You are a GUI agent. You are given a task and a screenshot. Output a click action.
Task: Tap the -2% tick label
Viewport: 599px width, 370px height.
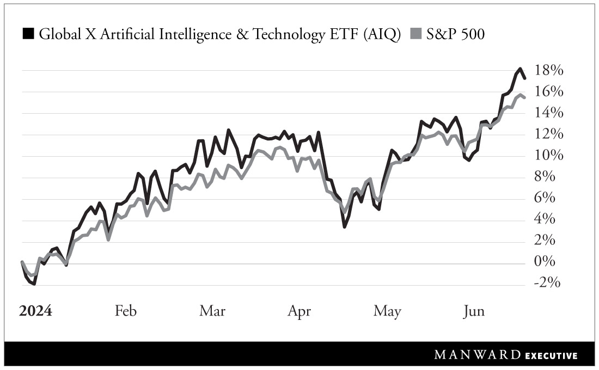pyautogui.click(x=547, y=283)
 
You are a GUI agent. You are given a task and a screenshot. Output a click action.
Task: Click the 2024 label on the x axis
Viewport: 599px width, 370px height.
pyautogui.click(x=35, y=311)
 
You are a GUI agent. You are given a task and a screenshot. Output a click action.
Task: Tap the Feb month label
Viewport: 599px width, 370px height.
pyautogui.click(x=126, y=311)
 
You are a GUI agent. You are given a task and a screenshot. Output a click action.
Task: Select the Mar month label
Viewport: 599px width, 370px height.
pyautogui.click(x=212, y=311)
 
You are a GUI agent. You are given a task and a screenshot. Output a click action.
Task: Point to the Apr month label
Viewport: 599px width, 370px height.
pyautogui.click(x=299, y=311)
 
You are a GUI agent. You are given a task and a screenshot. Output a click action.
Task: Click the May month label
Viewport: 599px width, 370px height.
pyautogui.click(x=387, y=311)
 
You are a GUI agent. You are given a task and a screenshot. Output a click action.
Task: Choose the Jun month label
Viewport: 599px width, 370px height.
pyautogui.click(x=473, y=311)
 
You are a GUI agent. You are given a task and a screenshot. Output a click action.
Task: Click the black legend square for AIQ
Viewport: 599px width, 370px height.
pyautogui.click(x=28, y=34)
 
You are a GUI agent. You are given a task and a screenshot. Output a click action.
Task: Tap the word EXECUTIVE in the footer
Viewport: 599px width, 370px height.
pyautogui.click(x=551, y=356)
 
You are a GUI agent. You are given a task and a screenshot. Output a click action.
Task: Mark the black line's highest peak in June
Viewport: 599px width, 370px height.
pyautogui.click(x=520, y=69)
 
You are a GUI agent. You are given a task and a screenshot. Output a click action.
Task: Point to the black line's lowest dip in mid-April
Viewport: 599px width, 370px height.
pyautogui.click(x=345, y=226)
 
